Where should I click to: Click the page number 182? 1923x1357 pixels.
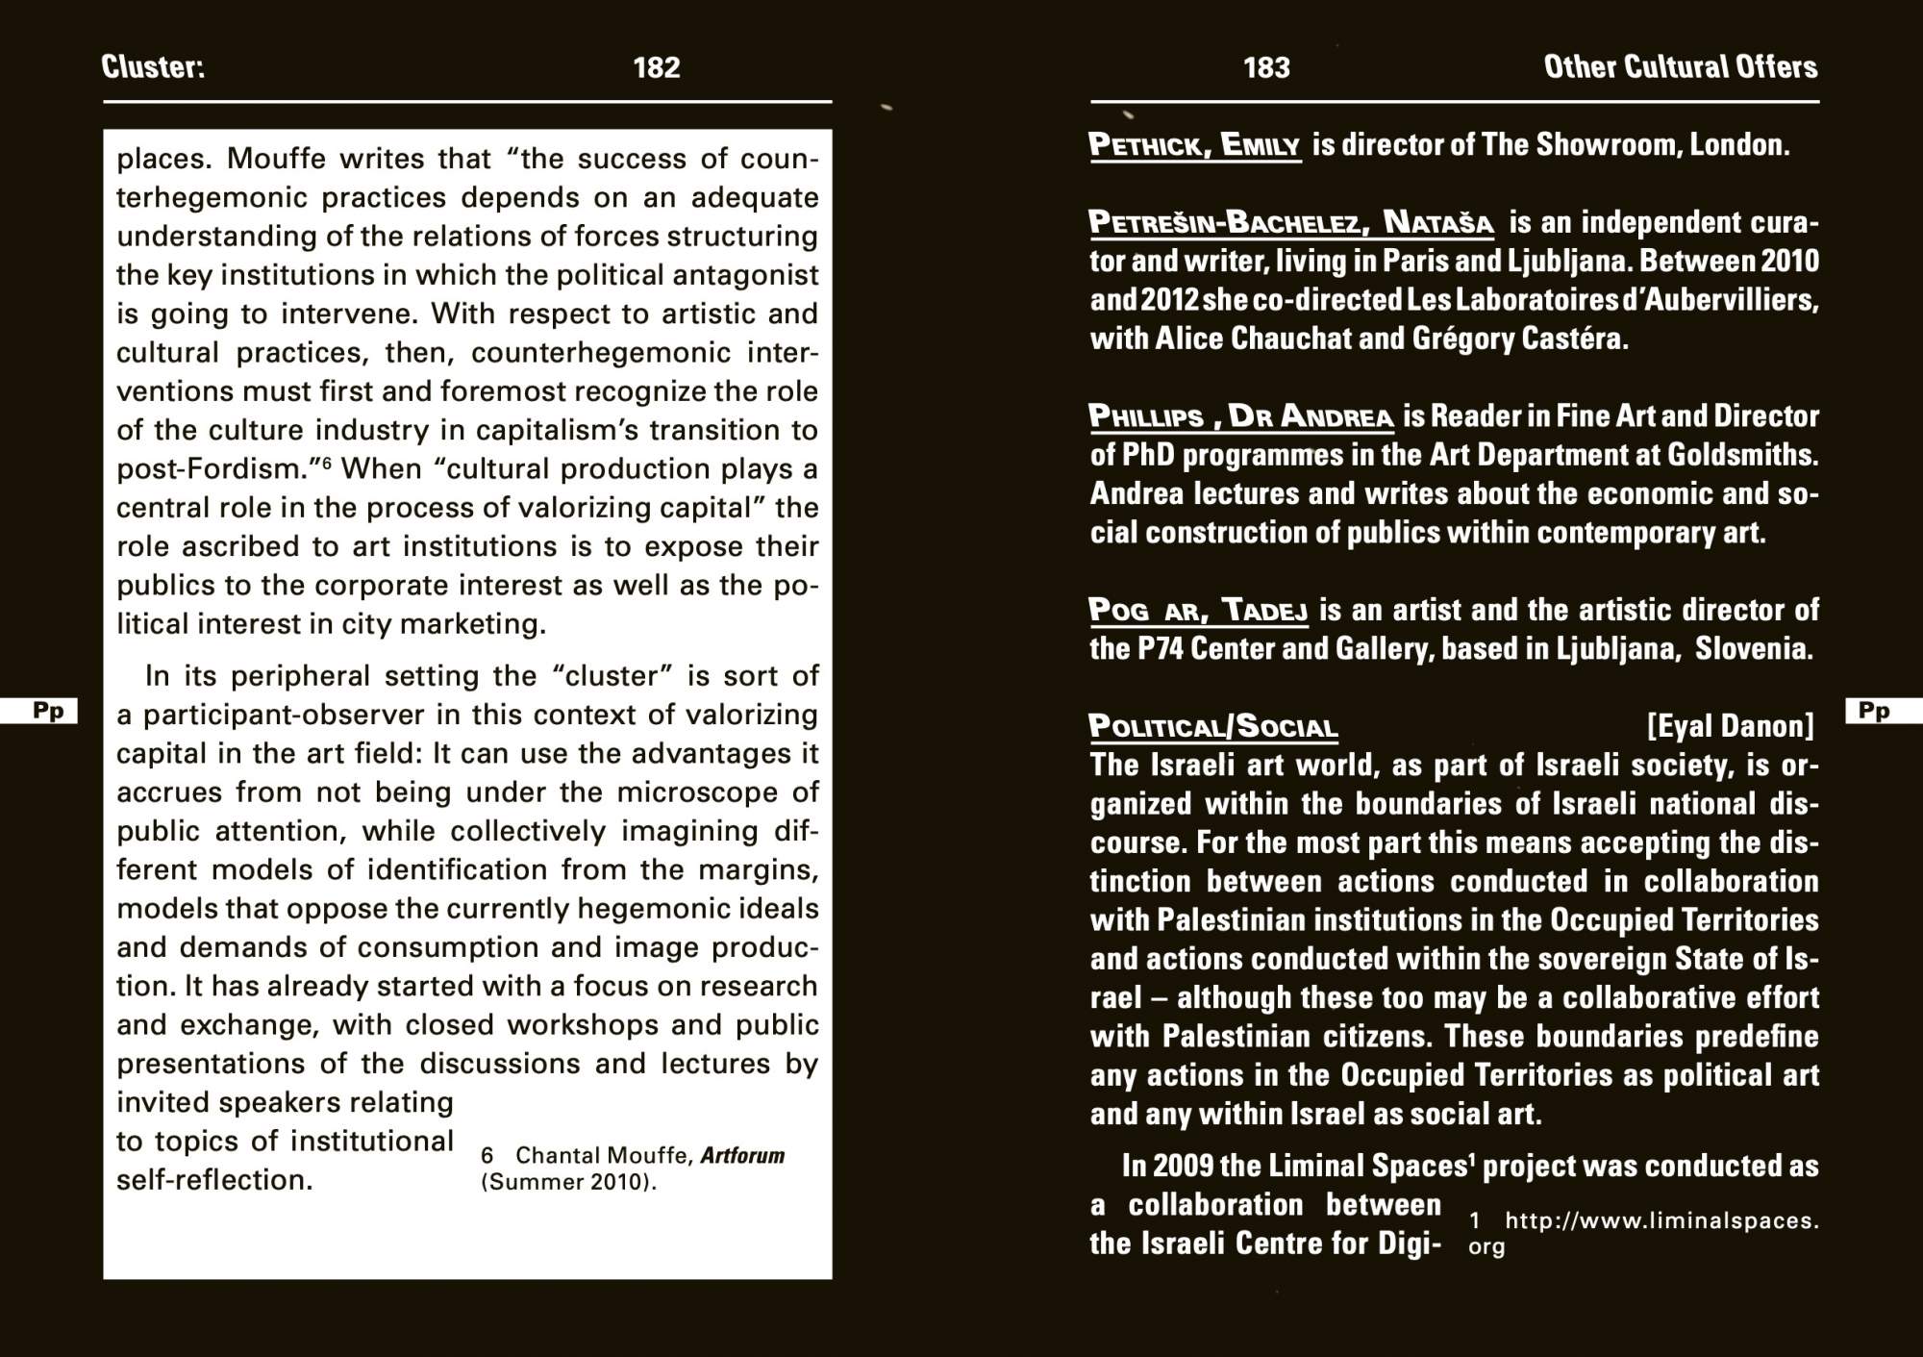coord(656,67)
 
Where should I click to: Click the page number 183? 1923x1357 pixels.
coord(1265,67)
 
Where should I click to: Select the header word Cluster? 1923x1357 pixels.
coord(153,66)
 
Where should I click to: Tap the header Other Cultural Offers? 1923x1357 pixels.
coord(1680,66)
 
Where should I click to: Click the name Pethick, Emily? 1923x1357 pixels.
coord(1194,145)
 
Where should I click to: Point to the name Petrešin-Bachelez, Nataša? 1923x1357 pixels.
coord(1290,223)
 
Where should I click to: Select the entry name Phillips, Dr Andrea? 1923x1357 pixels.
coord(1240,416)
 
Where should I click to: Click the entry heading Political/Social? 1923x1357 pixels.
coord(1212,726)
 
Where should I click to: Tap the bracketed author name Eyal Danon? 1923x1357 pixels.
coord(1730,725)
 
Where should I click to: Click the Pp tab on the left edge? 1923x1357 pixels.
coord(47,711)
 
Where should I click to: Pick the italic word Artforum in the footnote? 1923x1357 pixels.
coord(742,1155)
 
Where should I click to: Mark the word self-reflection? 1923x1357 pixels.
coord(214,1180)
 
